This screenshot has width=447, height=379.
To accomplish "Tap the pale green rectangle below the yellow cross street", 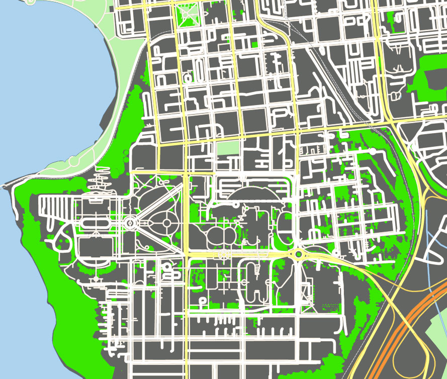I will coord(228,148).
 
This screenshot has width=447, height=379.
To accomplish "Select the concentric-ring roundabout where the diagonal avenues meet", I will coord(130,222).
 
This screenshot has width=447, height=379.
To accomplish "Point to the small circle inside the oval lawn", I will coord(166,222).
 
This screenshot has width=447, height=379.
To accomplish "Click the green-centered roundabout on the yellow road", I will coord(299,254).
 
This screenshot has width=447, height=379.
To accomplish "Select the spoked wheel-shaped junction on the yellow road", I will coord(222,255).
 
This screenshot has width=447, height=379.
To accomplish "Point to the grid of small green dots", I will coord(329,306).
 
